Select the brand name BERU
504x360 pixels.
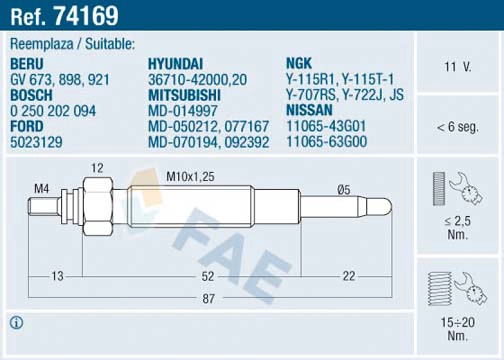coord(27,63)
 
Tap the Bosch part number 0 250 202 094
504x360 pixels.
coord(53,111)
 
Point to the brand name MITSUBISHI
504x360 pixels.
coord(186,95)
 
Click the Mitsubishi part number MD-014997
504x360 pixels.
coord(183,111)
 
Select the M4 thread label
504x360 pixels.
coord(42,188)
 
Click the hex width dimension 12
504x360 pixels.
coord(98,167)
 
